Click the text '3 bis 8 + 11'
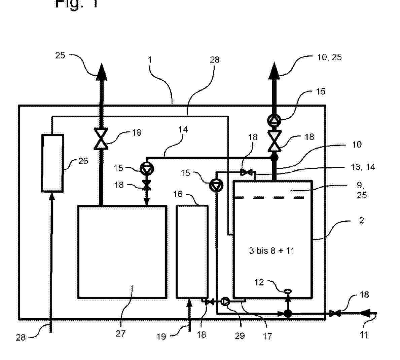click(x=271, y=250)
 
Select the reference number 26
click(x=83, y=161)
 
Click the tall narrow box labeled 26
click(x=52, y=163)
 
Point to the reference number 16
click(x=178, y=194)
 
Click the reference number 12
click(x=259, y=282)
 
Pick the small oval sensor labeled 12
click(x=288, y=291)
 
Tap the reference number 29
click(x=240, y=335)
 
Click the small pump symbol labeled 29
click(x=226, y=302)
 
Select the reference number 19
click(x=161, y=336)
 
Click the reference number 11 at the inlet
click(x=364, y=335)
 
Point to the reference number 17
click(x=267, y=336)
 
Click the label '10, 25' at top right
click(x=329, y=57)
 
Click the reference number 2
click(x=362, y=220)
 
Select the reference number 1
click(x=150, y=60)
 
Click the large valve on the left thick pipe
click(x=101, y=138)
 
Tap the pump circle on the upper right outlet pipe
click(x=275, y=119)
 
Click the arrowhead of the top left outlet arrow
click(x=101, y=72)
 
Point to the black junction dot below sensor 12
click(x=288, y=313)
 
